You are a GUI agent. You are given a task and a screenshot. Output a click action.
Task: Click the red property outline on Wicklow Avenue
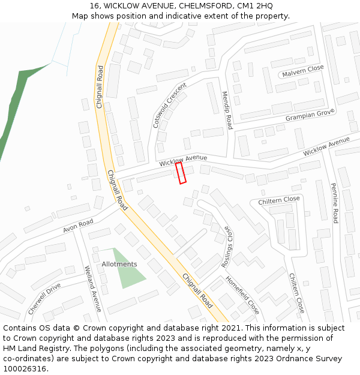coord(181,173)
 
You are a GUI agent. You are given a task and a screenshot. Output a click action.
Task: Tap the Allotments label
coord(119,264)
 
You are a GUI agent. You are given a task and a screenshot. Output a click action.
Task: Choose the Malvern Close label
coord(302,71)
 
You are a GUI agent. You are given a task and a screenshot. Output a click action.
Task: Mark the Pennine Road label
coord(335,205)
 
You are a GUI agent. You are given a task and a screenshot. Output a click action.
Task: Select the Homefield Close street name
coord(242,295)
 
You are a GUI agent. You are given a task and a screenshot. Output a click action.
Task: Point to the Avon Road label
coord(78,226)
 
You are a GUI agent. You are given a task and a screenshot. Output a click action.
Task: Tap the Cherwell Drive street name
coord(44,299)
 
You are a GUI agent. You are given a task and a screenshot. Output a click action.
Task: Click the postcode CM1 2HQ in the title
coord(256,5)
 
